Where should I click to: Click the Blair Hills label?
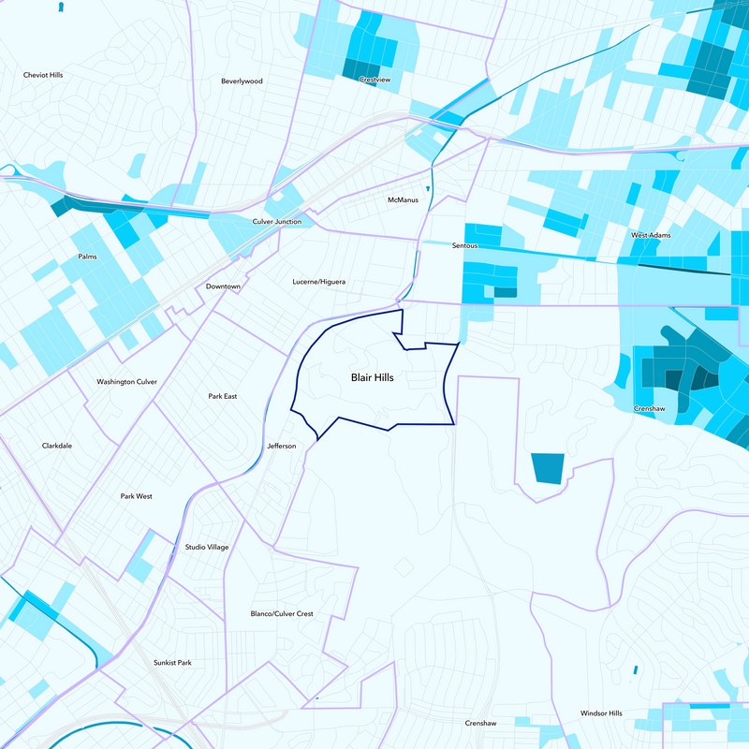(372, 378)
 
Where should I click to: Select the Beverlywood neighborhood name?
(242, 81)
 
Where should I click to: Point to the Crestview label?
(374, 81)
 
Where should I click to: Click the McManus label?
(403, 200)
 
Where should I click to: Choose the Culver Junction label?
(277, 222)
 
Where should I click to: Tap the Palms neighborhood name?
(87, 257)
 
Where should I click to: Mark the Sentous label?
(464, 245)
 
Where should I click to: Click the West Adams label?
(651, 235)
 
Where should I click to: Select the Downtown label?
(224, 286)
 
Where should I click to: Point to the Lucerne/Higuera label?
(319, 281)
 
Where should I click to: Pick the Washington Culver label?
(127, 382)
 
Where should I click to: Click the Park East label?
(223, 397)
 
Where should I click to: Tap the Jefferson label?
(281, 446)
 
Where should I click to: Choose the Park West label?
(136, 496)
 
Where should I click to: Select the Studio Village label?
(207, 547)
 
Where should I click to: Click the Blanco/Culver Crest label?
(282, 614)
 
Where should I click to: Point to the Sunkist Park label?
(172, 663)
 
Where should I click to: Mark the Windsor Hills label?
(601, 713)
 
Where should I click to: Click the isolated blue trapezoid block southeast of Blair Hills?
(548, 468)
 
